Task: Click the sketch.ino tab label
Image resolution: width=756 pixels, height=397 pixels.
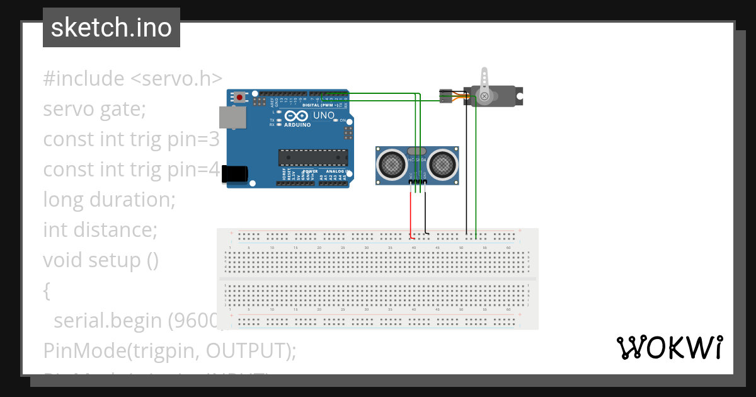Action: point(111,28)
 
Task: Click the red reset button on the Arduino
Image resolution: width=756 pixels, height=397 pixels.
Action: point(240,97)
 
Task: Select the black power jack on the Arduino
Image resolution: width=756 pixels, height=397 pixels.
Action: point(235,174)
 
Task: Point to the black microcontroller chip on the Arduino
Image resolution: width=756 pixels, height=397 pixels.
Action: point(313,157)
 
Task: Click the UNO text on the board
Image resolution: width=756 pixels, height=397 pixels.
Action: point(323,116)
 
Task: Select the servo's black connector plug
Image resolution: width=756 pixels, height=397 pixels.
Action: point(445,95)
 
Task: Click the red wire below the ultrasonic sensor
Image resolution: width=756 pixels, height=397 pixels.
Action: point(411,211)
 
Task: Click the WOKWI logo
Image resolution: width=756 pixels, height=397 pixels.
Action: point(669,347)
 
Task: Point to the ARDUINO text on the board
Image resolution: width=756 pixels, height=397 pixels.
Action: point(297,125)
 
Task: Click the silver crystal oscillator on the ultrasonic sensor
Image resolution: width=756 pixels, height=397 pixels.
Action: point(416,151)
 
